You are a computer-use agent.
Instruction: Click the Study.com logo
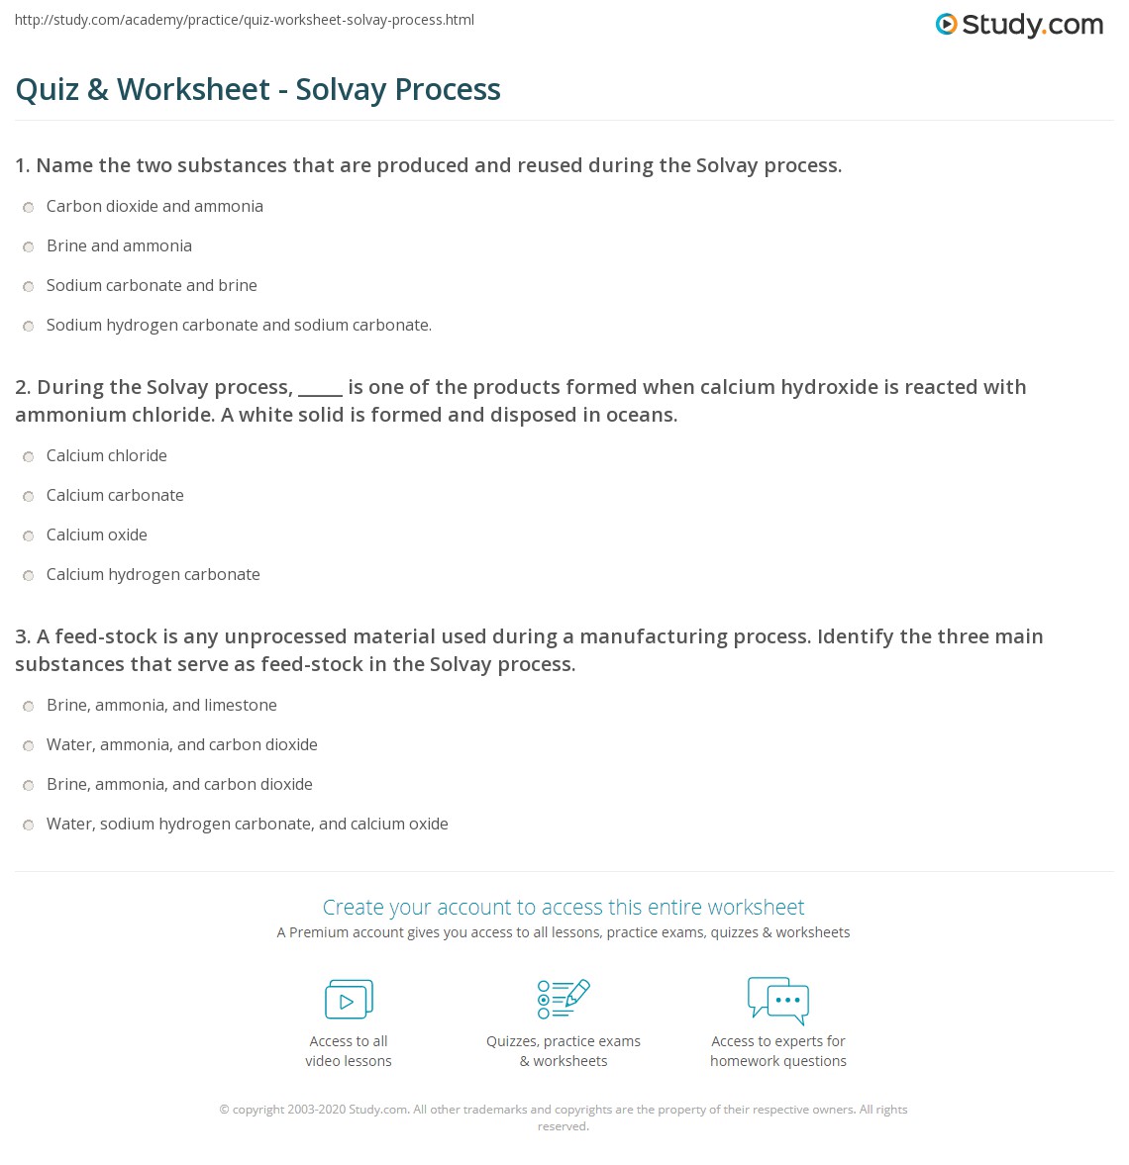(x=1019, y=25)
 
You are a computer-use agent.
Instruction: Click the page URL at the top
(x=245, y=20)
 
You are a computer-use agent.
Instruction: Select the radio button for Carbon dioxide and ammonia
(x=29, y=207)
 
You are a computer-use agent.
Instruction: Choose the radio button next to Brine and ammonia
(x=29, y=246)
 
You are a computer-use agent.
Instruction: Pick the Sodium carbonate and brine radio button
(x=29, y=286)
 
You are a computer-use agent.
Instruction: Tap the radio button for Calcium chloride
(x=29, y=456)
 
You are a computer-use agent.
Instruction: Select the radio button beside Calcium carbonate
(x=29, y=496)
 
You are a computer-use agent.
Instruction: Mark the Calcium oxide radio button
(x=29, y=535)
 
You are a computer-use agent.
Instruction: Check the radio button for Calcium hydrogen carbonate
(x=29, y=575)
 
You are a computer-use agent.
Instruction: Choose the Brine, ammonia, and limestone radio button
(x=29, y=706)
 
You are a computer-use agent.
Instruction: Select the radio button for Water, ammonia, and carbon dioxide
(x=29, y=745)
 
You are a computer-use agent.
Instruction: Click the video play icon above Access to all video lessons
(x=349, y=1000)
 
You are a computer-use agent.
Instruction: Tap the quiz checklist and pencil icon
(x=564, y=999)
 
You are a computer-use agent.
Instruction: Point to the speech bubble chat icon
(x=778, y=1000)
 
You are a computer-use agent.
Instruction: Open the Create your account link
(x=563, y=907)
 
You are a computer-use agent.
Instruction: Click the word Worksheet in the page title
(x=193, y=89)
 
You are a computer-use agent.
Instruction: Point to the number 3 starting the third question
(x=22, y=636)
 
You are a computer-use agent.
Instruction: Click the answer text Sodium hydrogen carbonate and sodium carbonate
(x=239, y=326)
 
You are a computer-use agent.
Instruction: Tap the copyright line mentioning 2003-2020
(x=563, y=1110)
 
